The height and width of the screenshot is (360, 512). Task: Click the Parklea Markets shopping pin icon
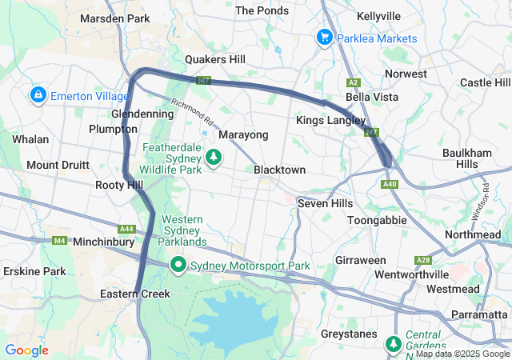[324, 38]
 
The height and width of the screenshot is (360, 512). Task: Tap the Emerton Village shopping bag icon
[38, 96]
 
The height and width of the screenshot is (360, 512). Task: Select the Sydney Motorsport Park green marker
[177, 265]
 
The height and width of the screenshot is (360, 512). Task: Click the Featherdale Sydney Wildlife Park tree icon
[213, 158]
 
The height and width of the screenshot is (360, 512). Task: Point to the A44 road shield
[127, 229]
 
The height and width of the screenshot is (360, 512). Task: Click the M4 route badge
[59, 240]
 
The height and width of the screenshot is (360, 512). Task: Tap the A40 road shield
[390, 185]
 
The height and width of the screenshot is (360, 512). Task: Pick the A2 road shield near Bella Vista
[353, 83]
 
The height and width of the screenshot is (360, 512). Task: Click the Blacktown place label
[279, 170]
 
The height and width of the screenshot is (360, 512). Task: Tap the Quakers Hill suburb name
[215, 59]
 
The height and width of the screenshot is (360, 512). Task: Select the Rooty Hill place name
[119, 185]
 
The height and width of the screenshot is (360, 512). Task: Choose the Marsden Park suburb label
[115, 18]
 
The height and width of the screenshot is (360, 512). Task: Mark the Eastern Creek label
[135, 294]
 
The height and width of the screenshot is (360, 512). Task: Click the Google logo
[26, 350]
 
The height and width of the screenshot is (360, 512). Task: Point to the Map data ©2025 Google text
[462, 354]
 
